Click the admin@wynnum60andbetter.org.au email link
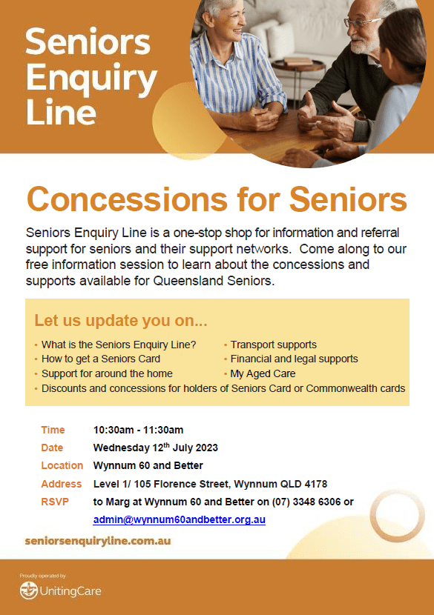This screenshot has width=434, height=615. pos(179,519)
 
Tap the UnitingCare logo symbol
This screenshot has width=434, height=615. pos(29,591)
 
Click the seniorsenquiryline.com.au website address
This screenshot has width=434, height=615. pos(98,541)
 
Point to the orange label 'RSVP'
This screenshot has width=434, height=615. pos(55,502)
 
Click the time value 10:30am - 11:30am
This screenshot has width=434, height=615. pos(138,430)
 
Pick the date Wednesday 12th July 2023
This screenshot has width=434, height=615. pos(156,448)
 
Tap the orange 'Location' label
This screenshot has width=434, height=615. pos(62,465)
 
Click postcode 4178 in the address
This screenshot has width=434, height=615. pos(316,484)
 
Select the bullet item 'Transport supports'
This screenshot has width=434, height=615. pos(273,345)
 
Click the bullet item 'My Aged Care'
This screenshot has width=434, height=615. pos(263,373)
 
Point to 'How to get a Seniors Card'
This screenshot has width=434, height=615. pos(101,359)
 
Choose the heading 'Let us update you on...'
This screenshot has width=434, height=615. pos(121,321)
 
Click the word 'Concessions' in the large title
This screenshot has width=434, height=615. pos(127,199)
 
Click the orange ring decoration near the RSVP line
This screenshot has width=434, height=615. pos(398,516)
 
